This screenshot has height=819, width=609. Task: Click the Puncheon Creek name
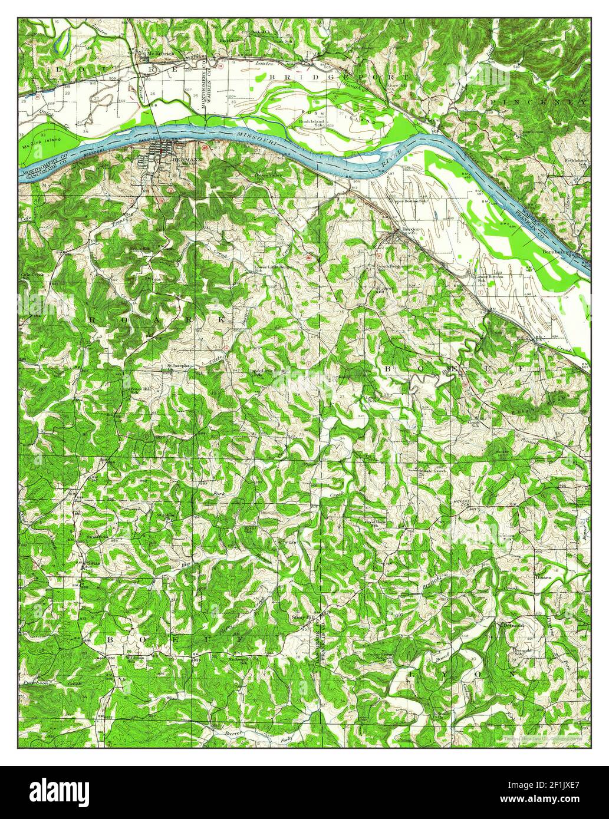(x=41, y=682)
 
